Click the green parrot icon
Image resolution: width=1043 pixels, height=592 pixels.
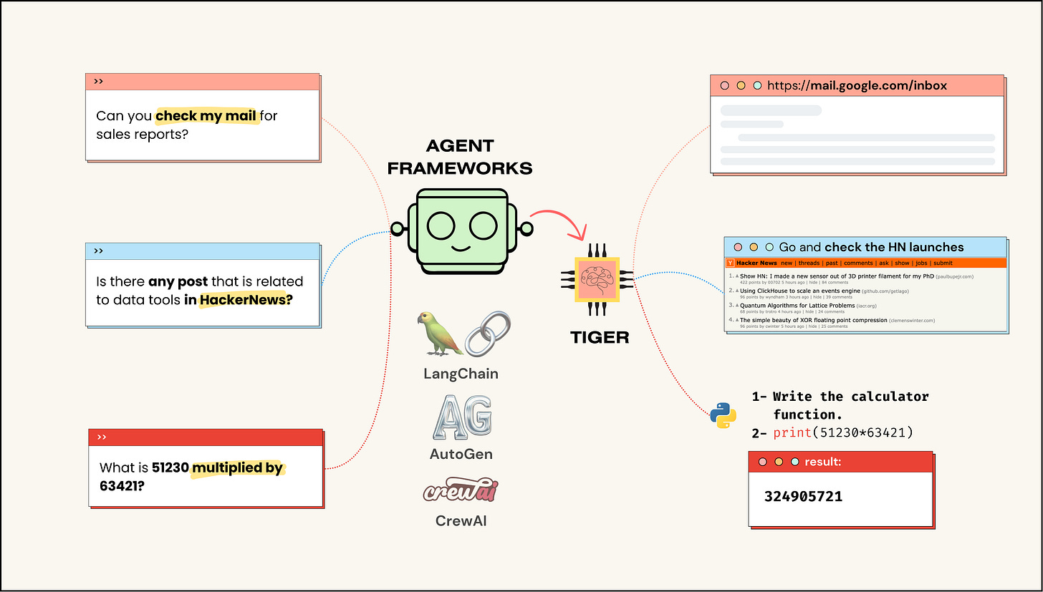pos(440,333)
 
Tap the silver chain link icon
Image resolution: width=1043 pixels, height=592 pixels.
pos(488,334)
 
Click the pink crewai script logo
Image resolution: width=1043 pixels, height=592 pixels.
pos(461,492)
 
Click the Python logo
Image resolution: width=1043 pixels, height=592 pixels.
pos(724,415)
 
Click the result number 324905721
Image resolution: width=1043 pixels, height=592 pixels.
pos(803,496)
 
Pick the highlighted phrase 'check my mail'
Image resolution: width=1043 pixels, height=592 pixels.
pos(206,116)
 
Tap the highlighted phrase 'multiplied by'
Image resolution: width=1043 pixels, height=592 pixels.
pos(238,468)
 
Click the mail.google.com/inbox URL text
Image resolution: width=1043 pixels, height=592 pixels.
pos(857,86)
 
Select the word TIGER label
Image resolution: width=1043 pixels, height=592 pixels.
pos(600,337)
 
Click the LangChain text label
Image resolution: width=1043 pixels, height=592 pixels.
pos(461,374)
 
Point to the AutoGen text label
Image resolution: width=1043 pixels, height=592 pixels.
pos(461,454)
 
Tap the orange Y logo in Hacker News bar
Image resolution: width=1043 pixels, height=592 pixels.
pos(730,263)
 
